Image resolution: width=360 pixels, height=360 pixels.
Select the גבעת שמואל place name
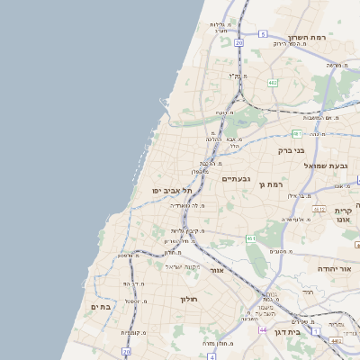point(327,166)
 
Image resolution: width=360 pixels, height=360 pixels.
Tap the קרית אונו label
point(342,215)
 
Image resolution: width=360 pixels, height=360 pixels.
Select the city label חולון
point(188,299)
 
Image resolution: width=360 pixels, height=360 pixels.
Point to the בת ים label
point(100,307)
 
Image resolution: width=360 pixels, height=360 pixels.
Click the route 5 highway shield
point(262,33)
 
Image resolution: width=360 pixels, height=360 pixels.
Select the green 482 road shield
point(271,82)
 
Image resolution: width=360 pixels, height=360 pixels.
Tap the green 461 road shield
point(250,238)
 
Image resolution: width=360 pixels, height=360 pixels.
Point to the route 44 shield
point(262,329)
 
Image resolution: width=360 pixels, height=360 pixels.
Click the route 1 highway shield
point(316,330)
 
